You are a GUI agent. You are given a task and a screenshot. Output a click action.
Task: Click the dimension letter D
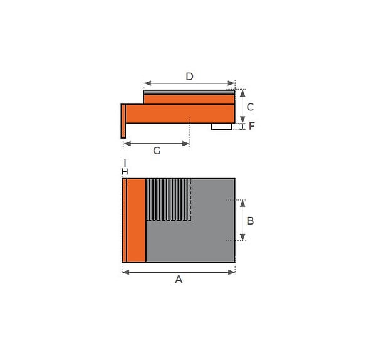189,77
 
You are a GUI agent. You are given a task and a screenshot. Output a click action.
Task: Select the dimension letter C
250,107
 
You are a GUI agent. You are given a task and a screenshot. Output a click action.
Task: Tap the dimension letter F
251,126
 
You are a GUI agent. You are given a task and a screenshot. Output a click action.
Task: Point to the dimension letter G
157,151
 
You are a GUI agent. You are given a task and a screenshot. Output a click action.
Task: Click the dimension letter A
179,279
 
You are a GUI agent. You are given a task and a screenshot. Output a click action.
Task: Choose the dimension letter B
250,221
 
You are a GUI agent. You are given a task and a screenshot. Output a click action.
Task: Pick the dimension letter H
125,172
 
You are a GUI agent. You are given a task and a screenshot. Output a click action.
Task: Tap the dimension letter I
125,163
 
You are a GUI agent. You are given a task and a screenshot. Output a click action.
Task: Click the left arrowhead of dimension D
148,83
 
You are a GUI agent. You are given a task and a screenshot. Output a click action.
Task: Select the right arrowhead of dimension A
231,272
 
